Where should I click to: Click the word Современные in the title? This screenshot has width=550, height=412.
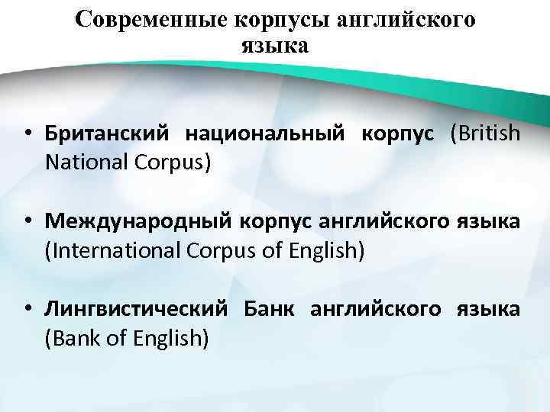click(x=143, y=20)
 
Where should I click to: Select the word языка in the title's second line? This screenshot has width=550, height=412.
click(x=275, y=45)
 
